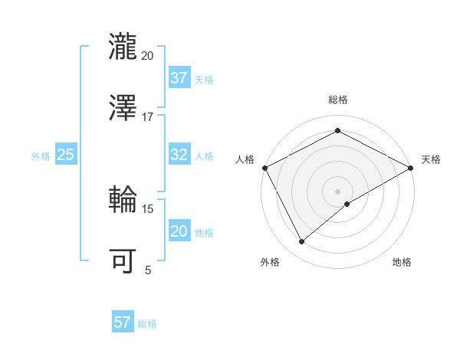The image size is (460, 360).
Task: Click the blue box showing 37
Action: pyautogui.click(x=179, y=78)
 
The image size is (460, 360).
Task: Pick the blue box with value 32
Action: pyautogui.click(x=179, y=155)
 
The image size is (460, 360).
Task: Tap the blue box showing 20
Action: pyautogui.click(x=179, y=231)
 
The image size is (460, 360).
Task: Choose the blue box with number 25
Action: pyautogui.click(x=65, y=155)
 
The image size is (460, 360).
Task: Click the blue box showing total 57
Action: pyautogui.click(x=122, y=322)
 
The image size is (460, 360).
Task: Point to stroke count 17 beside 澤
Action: pyautogui.click(x=148, y=117)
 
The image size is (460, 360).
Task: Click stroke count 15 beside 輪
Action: pyautogui.click(x=148, y=208)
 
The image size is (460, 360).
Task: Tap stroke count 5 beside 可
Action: pyautogui.click(x=148, y=270)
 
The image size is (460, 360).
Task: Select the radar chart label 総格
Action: pyautogui.click(x=338, y=100)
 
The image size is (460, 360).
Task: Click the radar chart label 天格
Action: pyautogui.click(x=431, y=159)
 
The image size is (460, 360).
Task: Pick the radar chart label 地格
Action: pyautogui.click(x=402, y=263)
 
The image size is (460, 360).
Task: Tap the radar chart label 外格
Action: pyautogui.click(x=270, y=263)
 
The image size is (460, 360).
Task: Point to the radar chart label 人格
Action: pyautogui.click(x=245, y=159)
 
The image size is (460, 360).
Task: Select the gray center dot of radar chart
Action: pyautogui.click(x=337, y=191)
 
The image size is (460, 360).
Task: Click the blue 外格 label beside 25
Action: pyautogui.click(x=41, y=155)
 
